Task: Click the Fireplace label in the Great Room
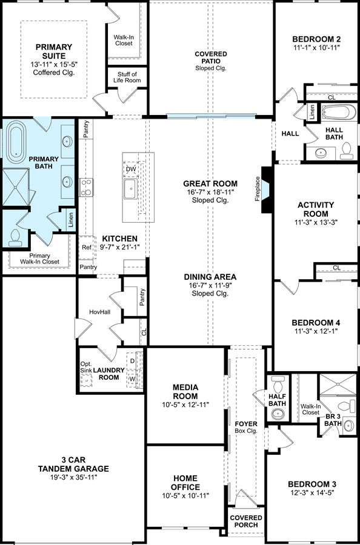tap(258, 189)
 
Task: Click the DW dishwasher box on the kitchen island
tap(131, 170)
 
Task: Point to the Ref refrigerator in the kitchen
tap(86, 248)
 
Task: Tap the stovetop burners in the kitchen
tap(85, 187)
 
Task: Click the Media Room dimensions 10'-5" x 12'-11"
tap(185, 405)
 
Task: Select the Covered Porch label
tap(246, 521)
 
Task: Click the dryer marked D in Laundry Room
tap(132, 361)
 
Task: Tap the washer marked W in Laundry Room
tap(132, 378)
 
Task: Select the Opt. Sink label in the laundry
tap(85, 367)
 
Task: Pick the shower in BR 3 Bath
tap(338, 385)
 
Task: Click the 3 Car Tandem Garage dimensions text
tap(73, 477)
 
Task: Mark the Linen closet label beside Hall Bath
tap(312, 112)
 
